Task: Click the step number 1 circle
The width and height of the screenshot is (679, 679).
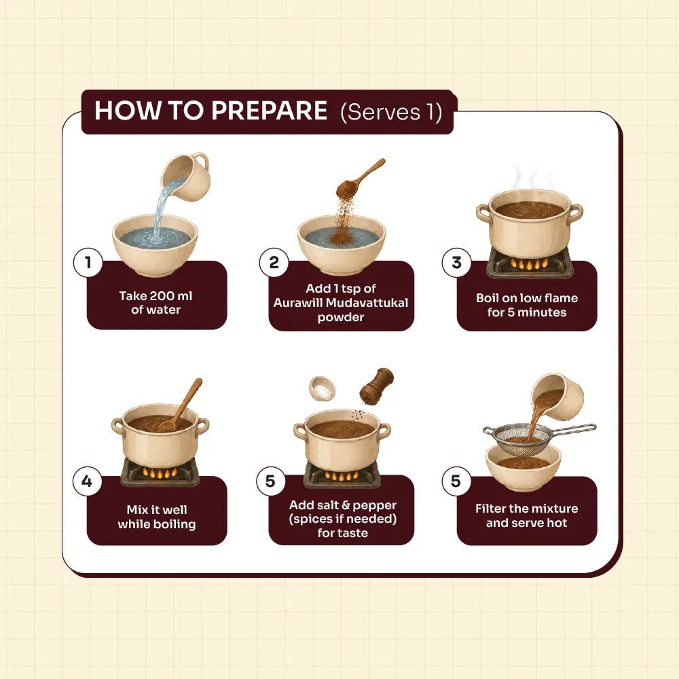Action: click(88, 262)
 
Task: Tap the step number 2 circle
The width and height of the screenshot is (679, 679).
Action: click(274, 262)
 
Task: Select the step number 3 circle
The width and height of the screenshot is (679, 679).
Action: click(456, 262)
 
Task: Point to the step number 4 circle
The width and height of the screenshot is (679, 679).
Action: click(87, 481)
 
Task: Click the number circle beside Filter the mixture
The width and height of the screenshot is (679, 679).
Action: click(456, 481)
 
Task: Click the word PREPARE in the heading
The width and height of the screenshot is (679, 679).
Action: click(269, 111)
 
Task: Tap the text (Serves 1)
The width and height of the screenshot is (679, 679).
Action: click(391, 112)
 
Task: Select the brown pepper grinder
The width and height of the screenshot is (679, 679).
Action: click(376, 386)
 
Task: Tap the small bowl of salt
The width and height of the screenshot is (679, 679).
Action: click(322, 388)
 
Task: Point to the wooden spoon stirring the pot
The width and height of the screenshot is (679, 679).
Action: click(182, 405)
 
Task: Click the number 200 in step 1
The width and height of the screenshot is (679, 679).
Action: click(160, 296)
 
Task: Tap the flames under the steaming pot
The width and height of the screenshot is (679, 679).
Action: click(529, 263)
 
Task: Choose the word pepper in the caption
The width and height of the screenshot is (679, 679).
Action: click(375, 506)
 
